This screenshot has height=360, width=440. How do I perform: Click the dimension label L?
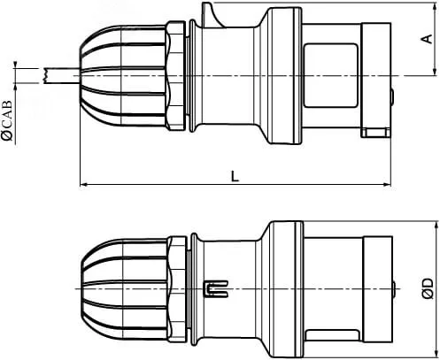click(x=235, y=176)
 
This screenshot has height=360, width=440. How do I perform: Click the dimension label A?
click(x=427, y=39)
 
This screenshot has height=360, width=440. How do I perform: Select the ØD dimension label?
click(x=428, y=288)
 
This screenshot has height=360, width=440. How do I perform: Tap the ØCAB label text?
click(x=7, y=120)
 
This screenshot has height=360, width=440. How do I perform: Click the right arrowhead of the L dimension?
click(x=387, y=185)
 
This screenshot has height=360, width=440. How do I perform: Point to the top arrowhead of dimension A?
click(x=435, y=7)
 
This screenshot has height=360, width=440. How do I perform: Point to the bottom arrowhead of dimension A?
click(x=435, y=72)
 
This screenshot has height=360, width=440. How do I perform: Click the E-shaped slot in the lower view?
click(x=217, y=288)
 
